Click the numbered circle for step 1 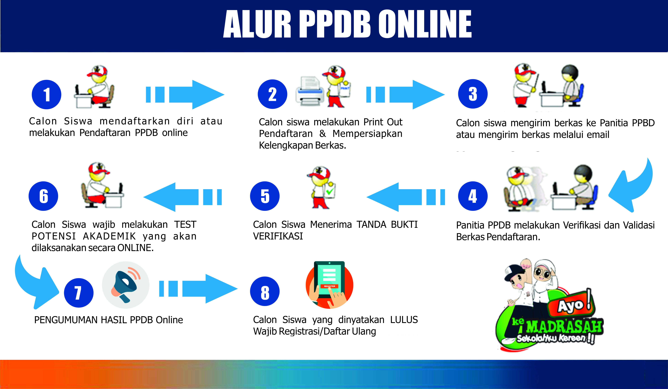tap(46, 94)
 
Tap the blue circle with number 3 tap(473, 94)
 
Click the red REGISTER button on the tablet tap(330, 286)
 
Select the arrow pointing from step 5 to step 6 tap(182, 197)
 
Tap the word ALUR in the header tap(257, 24)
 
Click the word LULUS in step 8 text tap(404, 320)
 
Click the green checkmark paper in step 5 tap(330, 191)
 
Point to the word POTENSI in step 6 tap(54, 236)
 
